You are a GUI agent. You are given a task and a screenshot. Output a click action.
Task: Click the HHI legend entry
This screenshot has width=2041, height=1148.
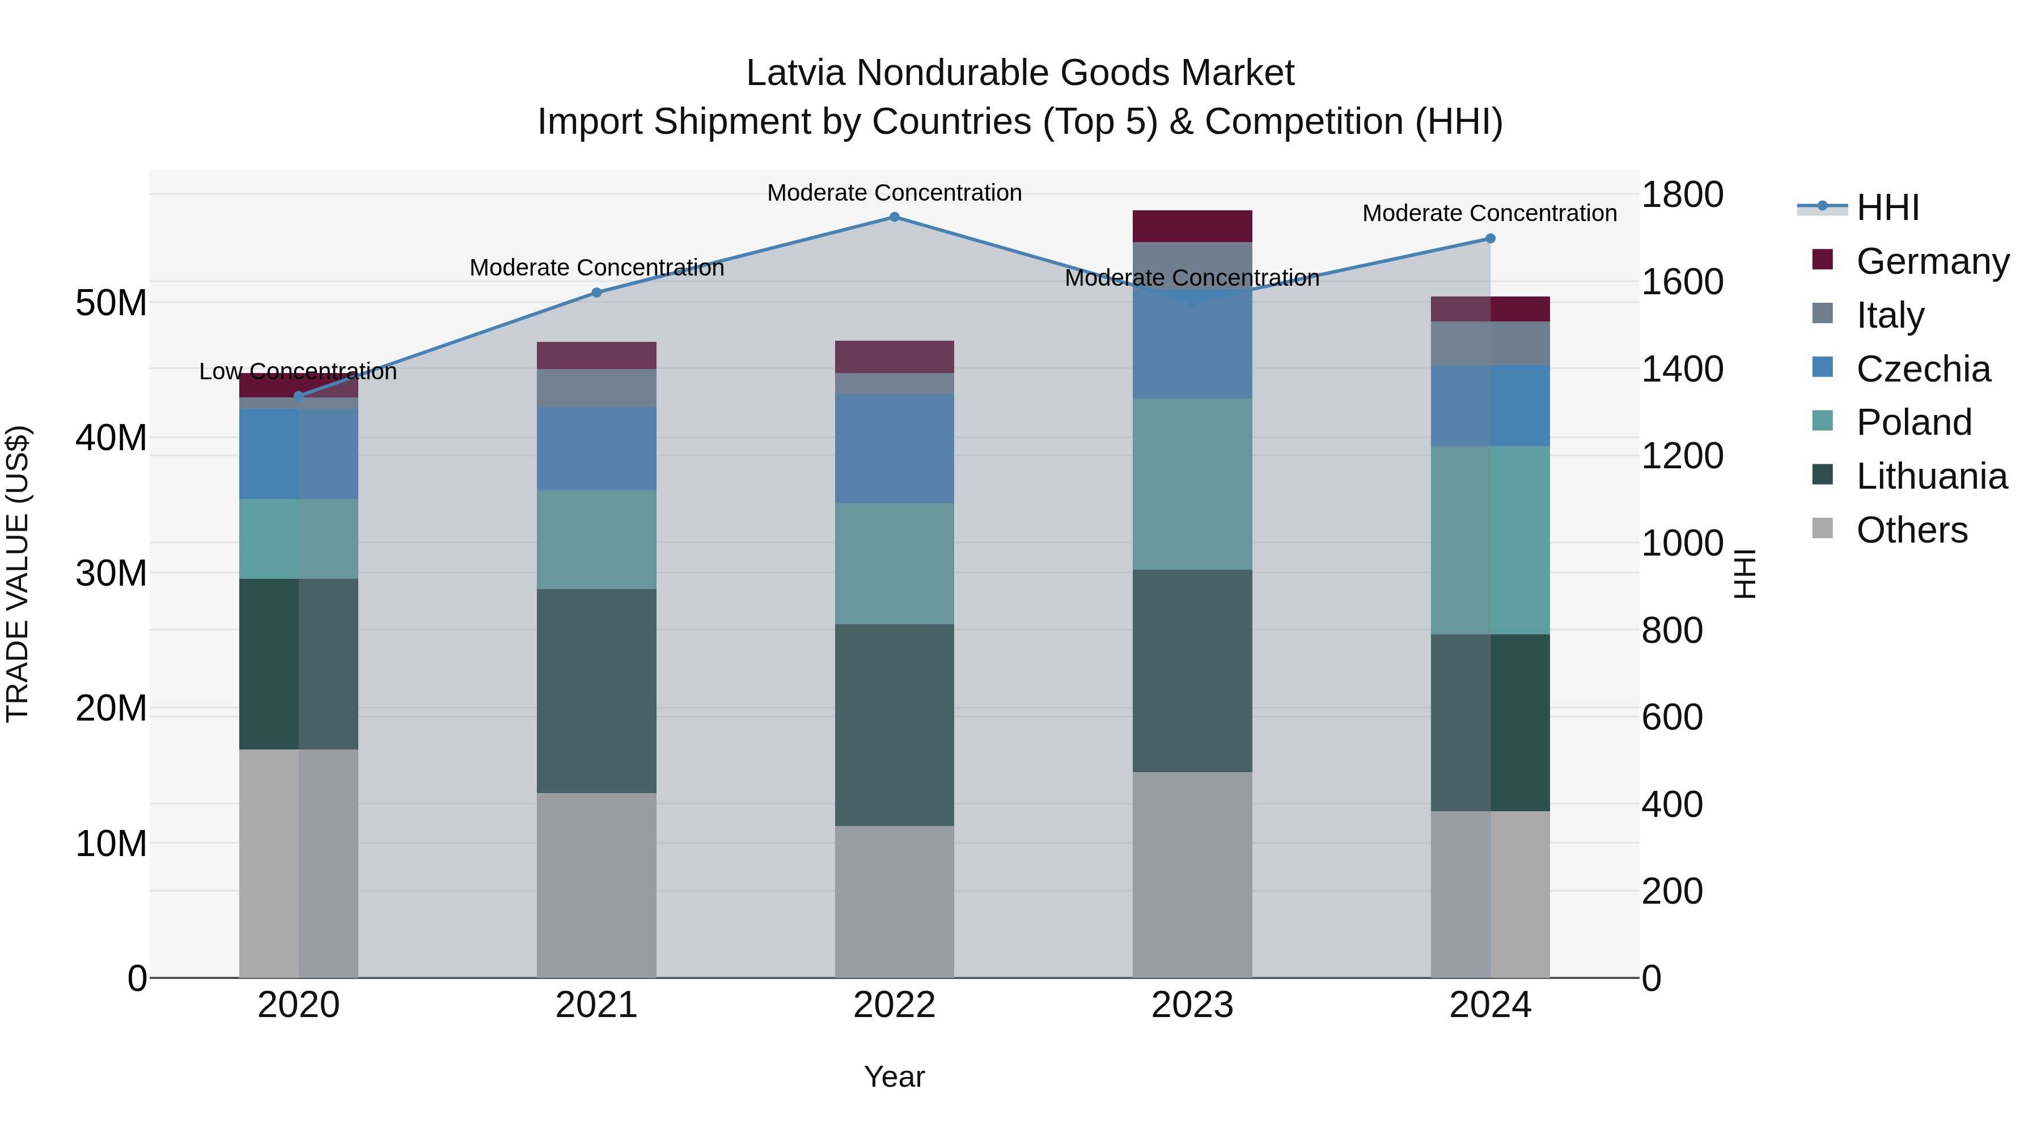click(1886, 207)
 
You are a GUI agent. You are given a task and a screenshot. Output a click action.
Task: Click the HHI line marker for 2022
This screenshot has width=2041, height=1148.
click(895, 217)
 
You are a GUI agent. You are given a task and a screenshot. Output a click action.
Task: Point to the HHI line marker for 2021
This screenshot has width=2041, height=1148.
click(596, 293)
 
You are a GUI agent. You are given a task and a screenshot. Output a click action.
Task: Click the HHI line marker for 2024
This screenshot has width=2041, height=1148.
click(1490, 239)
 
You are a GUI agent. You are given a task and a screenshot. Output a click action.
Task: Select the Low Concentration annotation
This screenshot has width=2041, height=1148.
click(298, 371)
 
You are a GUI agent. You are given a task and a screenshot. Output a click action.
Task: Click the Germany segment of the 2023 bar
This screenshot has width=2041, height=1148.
click(1192, 226)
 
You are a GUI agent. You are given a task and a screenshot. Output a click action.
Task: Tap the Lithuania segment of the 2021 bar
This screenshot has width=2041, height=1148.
click(596, 691)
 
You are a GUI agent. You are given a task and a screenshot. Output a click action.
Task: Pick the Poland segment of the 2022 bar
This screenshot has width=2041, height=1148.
click(895, 564)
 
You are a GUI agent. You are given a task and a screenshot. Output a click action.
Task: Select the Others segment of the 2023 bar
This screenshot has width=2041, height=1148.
click(1192, 875)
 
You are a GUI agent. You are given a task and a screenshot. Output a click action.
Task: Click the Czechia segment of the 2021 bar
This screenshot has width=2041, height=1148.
click(596, 448)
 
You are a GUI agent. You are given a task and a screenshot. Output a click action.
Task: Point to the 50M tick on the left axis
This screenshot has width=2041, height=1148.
click(111, 303)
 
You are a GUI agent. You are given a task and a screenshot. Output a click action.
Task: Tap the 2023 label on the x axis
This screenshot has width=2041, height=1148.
click(1192, 1005)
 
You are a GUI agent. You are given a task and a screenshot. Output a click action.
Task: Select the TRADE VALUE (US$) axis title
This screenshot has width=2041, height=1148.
click(18, 574)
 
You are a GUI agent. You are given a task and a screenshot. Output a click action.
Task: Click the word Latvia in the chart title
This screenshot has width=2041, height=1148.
click(797, 73)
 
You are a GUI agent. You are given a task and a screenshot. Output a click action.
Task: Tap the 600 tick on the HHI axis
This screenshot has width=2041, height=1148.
click(1672, 717)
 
